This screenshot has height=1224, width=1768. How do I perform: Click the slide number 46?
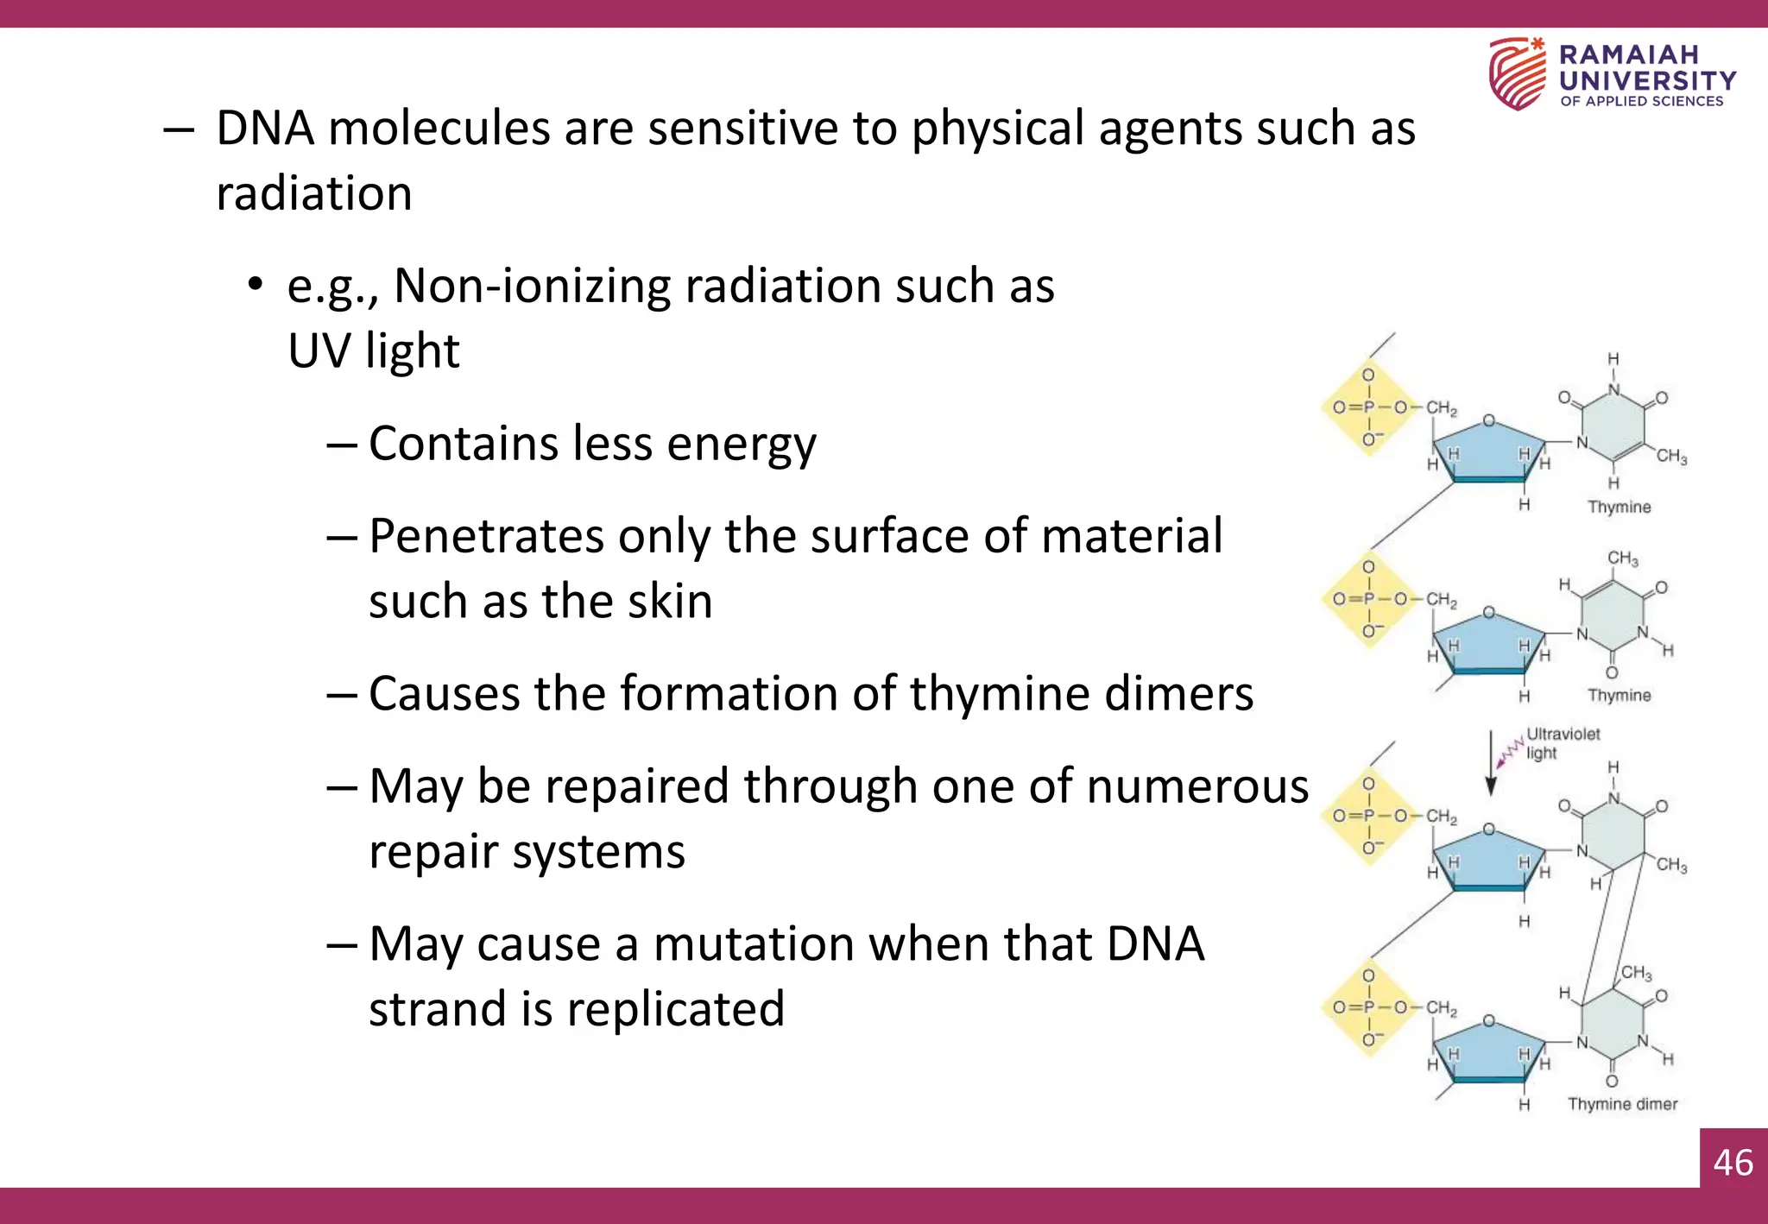tap(1733, 1162)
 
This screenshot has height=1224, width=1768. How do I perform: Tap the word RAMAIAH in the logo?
tap(1628, 55)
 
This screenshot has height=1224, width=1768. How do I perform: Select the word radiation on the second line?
tap(314, 192)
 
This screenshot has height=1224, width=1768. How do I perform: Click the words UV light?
tap(373, 350)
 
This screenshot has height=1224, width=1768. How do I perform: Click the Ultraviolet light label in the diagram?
tap(1562, 743)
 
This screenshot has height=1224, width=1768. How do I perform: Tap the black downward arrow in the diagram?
tap(1490, 763)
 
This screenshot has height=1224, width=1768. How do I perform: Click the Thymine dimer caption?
tap(1622, 1104)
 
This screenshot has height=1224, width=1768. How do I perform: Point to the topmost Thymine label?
tap(1619, 507)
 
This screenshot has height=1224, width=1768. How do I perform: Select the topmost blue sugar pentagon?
tap(1488, 451)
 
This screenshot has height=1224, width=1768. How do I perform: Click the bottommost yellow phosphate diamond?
tap(1369, 1007)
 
